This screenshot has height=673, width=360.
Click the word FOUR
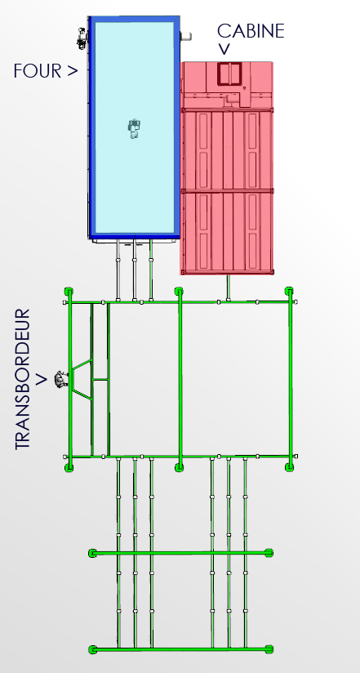(x=38, y=71)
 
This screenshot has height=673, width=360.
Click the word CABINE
(x=251, y=31)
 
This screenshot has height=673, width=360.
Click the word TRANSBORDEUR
(x=23, y=379)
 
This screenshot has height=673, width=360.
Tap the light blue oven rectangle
(x=135, y=127)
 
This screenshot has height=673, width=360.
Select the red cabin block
(x=227, y=168)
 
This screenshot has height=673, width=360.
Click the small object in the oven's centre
(x=135, y=128)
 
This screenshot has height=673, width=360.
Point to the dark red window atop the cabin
(x=229, y=74)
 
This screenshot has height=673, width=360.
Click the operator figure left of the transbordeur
(x=61, y=380)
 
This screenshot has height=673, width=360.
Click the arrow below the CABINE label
(x=224, y=50)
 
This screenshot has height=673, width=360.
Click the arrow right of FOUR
(x=72, y=71)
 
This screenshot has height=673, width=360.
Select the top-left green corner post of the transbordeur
(x=69, y=292)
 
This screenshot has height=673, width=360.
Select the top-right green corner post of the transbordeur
(x=289, y=292)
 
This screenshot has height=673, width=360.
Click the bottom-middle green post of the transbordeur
(x=180, y=467)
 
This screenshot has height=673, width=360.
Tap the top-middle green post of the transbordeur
(x=179, y=292)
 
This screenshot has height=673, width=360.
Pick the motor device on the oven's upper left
(x=82, y=38)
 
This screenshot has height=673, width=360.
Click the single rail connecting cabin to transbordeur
(x=228, y=288)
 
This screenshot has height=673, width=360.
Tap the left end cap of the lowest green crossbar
(x=93, y=649)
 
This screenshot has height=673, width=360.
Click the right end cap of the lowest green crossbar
(x=269, y=649)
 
